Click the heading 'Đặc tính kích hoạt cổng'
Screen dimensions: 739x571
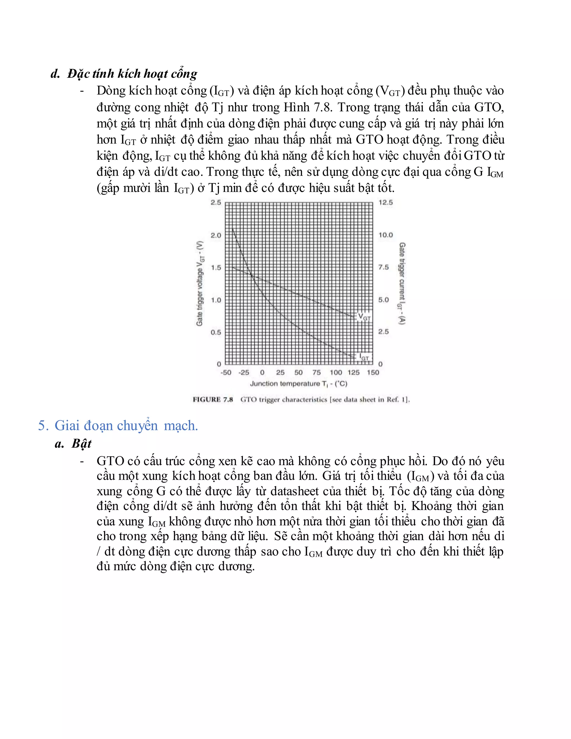pyautogui.click(x=132, y=74)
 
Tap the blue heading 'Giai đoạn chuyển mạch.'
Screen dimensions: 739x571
pyautogui.click(x=126, y=425)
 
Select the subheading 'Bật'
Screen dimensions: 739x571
pyautogui.click(x=81, y=444)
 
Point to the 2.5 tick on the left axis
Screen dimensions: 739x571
pyautogui.click(x=216, y=202)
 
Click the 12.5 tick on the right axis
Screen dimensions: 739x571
pyautogui.click(x=386, y=202)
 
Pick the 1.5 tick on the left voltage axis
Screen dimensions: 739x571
pyautogui.click(x=216, y=268)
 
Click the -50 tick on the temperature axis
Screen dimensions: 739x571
pyautogui.click(x=226, y=373)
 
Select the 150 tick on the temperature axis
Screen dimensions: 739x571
pyautogui.click(x=373, y=373)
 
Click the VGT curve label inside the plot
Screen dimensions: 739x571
pyautogui.click(x=364, y=317)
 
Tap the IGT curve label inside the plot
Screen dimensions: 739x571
pyautogui.click(x=364, y=357)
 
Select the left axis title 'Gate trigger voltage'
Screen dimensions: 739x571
pyautogui.click(x=200, y=284)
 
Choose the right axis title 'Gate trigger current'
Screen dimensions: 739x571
pyautogui.click(x=401, y=284)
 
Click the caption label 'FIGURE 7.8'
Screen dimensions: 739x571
pyautogui.click(x=213, y=400)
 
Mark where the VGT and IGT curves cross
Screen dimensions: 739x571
pyautogui.click(x=251, y=274)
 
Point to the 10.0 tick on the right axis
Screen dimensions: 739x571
pyautogui.click(x=386, y=235)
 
